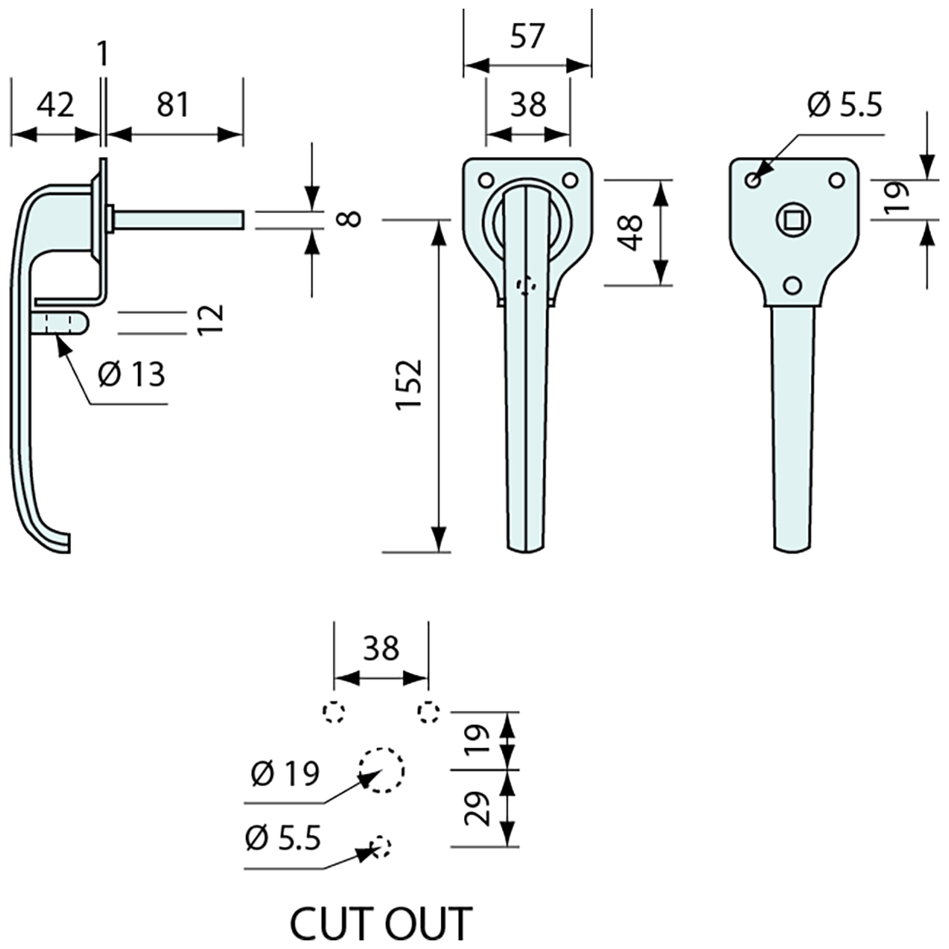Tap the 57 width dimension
click(527, 37)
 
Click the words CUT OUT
click(380, 924)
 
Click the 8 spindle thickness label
click(349, 218)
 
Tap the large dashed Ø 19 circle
click(380, 770)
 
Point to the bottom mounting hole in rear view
click(792, 286)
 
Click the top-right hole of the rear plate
click(836, 180)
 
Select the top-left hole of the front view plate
click(486, 180)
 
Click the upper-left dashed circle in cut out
click(334, 713)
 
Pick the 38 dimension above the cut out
click(380, 648)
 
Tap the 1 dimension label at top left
click(103, 54)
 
